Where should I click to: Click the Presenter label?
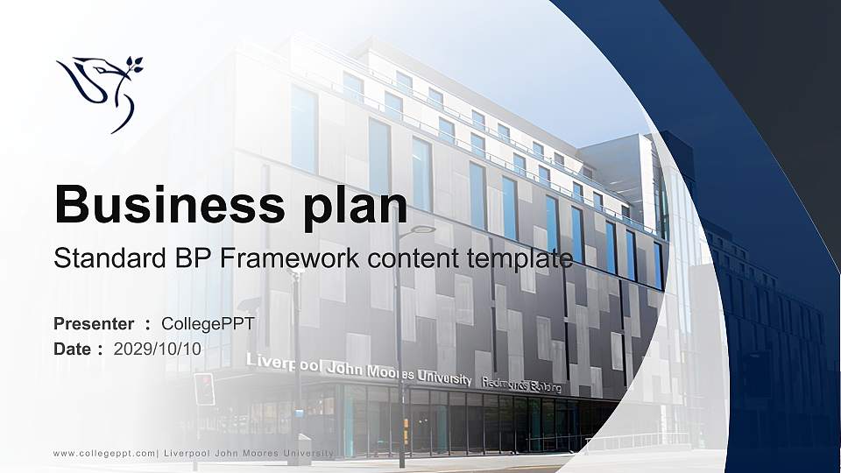coord(94,324)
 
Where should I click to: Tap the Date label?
coord(73,349)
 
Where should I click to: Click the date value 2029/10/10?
coord(158,349)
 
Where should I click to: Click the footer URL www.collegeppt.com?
coord(104,453)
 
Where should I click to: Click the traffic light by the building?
coord(204,388)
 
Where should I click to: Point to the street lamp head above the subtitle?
coord(422,229)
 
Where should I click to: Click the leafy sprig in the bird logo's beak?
coord(132,65)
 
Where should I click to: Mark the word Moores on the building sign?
coord(383,372)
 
